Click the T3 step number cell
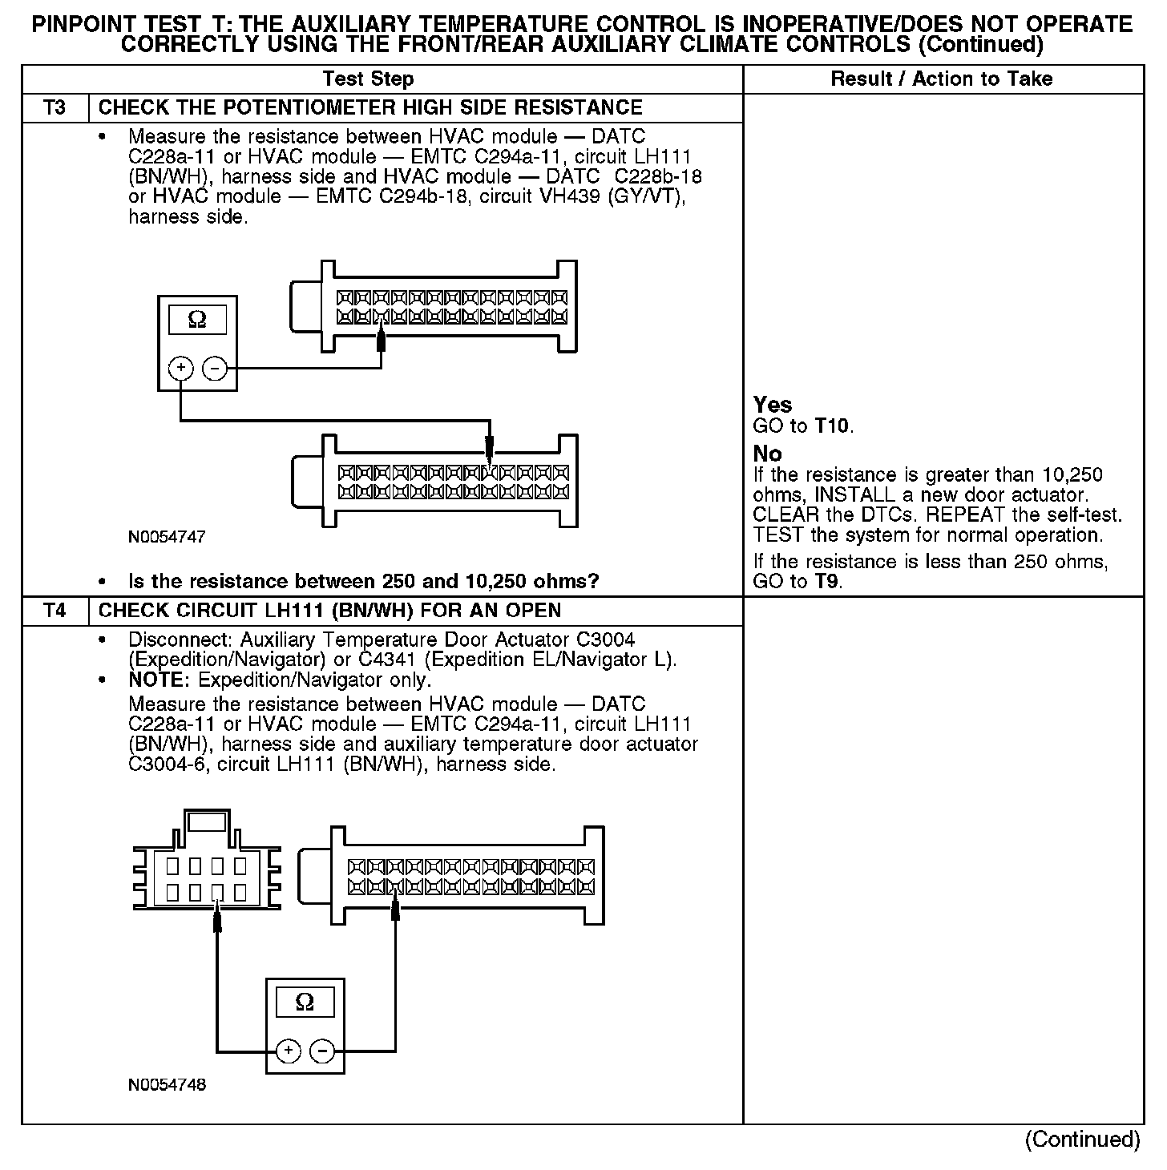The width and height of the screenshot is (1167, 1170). click(55, 108)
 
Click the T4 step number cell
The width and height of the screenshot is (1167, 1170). click(55, 611)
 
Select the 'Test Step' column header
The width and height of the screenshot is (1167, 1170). click(368, 79)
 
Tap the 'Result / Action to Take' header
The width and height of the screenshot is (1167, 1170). click(942, 79)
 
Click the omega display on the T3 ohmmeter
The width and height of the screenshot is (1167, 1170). click(197, 321)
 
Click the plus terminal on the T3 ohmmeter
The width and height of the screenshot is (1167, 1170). click(181, 369)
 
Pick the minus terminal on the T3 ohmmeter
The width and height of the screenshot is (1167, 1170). click(214, 369)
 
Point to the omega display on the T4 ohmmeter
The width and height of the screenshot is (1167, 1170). click(305, 1002)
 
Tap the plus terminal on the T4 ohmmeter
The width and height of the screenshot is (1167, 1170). click(289, 1051)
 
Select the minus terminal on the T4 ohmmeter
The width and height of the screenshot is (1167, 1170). click(322, 1051)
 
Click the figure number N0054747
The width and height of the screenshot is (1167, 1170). click(167, 538)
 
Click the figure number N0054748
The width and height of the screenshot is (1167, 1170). click(167, 1085)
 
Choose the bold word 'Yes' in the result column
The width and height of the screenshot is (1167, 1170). click(773, 405)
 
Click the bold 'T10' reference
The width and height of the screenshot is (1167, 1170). click(832, 426)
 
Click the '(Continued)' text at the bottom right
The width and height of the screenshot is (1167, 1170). click(1082, 1140)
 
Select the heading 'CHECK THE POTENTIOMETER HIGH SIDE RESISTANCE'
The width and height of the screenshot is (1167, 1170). click(370, 108)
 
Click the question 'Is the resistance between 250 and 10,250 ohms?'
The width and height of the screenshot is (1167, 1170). click(364, 581)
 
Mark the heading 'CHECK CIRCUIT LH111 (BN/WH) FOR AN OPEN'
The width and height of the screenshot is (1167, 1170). click(329, 611)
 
